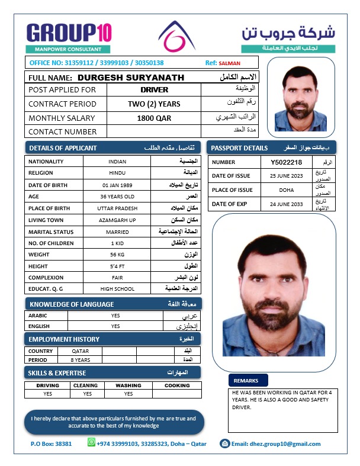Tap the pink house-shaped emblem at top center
[176, 37]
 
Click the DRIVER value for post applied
[155, 90]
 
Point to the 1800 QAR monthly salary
[154, 118]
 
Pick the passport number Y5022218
[286, 162]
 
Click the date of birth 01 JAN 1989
[117, 185]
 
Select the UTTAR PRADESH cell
[117, 208]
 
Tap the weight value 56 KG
[117, 255]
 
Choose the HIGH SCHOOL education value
[117, 289]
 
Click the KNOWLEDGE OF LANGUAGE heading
[71, 304]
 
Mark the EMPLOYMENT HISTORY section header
[64, 339]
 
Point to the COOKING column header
[177, 385]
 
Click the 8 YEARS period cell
[81, 360]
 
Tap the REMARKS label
[246, 381]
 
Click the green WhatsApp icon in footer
[91, 442]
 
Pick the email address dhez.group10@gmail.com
[276, 443]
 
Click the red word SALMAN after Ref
[230, 63]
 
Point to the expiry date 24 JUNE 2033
[286, 204]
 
